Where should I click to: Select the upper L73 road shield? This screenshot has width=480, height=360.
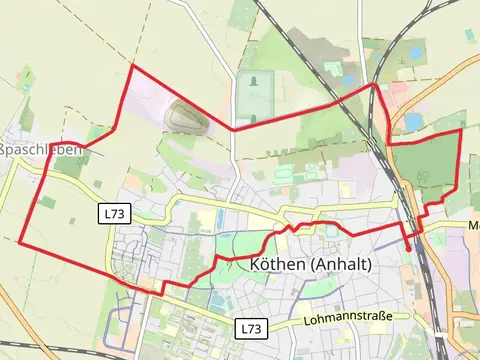(113, 213)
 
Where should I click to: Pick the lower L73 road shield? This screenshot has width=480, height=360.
(251, 328)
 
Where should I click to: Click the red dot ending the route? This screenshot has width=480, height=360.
(408, 246)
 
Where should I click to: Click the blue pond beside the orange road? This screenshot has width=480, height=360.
(413, 122)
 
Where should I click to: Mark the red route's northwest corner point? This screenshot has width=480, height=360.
(132, 67)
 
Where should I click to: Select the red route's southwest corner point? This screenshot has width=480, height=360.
(20, 242)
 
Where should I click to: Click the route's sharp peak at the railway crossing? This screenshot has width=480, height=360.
(375, 86)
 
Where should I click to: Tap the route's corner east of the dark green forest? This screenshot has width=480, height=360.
(460, 130)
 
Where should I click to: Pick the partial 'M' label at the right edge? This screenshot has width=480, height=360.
(473, 226)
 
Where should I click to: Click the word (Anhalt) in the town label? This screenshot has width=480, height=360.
(341, 265)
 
